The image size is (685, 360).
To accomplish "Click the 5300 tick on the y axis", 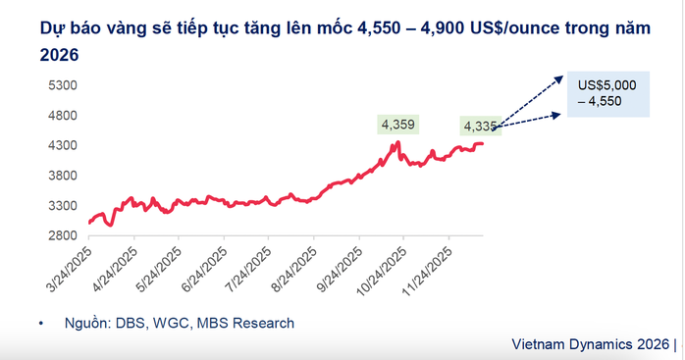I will click(63, 85).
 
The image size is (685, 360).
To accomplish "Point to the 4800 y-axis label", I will click(63, 116).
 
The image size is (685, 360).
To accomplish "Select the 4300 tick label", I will click(63, 146).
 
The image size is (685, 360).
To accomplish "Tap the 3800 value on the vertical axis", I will click(63, 177).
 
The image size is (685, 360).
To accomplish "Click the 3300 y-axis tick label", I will click(63, 206).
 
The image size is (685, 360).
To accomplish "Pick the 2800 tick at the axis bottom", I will click(63, 236).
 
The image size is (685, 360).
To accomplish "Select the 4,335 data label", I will click(480, 126).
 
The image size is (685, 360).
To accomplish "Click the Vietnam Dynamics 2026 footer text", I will click(591, 345).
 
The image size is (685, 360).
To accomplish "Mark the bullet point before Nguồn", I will click(42, 323).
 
